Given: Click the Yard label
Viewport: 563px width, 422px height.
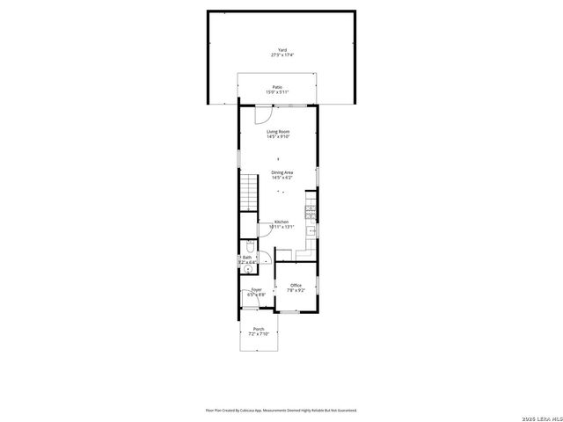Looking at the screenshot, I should (x=281, y=50).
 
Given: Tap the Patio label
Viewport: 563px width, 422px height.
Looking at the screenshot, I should (x=277, y=87).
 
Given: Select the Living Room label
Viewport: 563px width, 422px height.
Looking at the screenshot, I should (x=278, y=132).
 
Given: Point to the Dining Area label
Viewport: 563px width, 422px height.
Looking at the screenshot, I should (x=281, y=172).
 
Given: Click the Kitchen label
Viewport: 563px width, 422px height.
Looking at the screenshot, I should (x=281, y=222).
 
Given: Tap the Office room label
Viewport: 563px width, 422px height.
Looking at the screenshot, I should (x=296, y=286).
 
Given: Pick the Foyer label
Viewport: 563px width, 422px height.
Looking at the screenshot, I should (x=256, y=289).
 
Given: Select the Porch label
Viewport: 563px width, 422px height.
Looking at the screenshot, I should (x=258, y=330).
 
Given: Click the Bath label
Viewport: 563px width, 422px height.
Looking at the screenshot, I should (x=246, y=257).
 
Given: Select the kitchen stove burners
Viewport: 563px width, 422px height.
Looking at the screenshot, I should (x=311, y=211).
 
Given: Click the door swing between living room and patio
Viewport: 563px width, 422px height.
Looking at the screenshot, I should (x=263, y=114).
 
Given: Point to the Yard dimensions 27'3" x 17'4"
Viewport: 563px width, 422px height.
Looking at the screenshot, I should (x=281, y=55).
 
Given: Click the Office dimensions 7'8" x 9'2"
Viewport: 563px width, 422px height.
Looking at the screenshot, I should (x=296, y=291).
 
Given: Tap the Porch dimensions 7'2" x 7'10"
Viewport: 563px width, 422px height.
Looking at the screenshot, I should (x=258, y=335).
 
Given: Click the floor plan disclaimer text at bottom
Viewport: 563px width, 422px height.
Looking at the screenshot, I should (x=281, y=410).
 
